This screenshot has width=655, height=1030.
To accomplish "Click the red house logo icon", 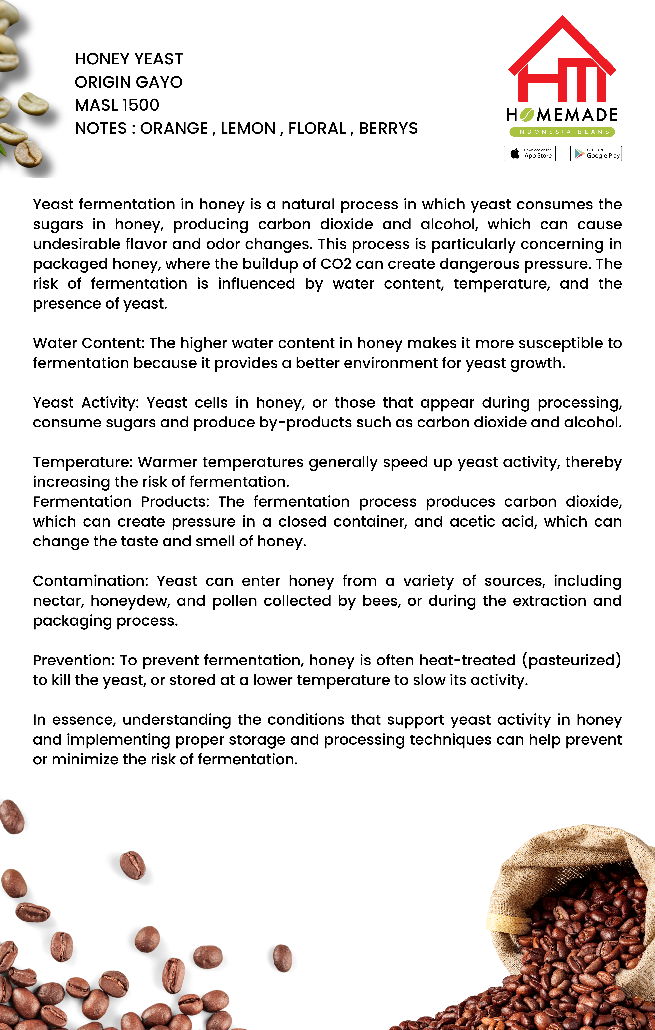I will point(562,60).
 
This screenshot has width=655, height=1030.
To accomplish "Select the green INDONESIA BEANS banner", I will point(562,132).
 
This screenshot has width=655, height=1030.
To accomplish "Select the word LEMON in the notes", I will point(248,128).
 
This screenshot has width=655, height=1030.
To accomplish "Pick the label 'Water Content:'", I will point(89,343).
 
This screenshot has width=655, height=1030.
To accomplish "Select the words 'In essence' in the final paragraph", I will point(74,720).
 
